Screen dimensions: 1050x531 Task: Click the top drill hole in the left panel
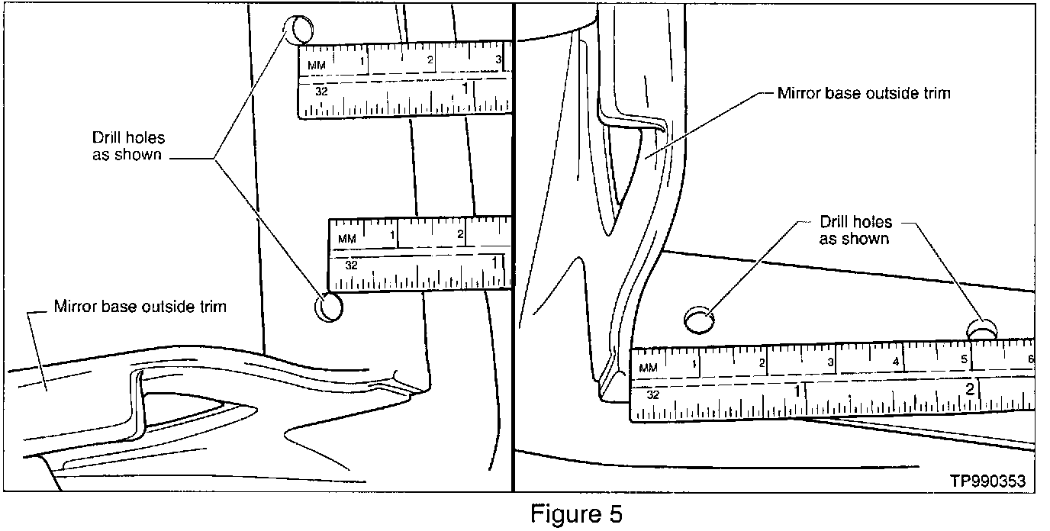pos(298,31)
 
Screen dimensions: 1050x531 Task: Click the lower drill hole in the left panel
pos(329,307)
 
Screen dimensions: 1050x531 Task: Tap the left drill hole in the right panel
pos(698,320)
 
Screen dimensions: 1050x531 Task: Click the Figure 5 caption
pos(577,513)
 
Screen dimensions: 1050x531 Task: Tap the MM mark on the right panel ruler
pos(648,368)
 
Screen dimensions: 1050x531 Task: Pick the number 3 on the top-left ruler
pos(498,59)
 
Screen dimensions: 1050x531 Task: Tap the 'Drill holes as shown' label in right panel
pos(855,230)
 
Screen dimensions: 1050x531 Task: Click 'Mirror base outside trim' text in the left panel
pos(140,308)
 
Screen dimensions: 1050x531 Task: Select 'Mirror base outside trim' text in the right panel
pos(864,94)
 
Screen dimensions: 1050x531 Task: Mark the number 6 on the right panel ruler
pos(1030,359)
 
